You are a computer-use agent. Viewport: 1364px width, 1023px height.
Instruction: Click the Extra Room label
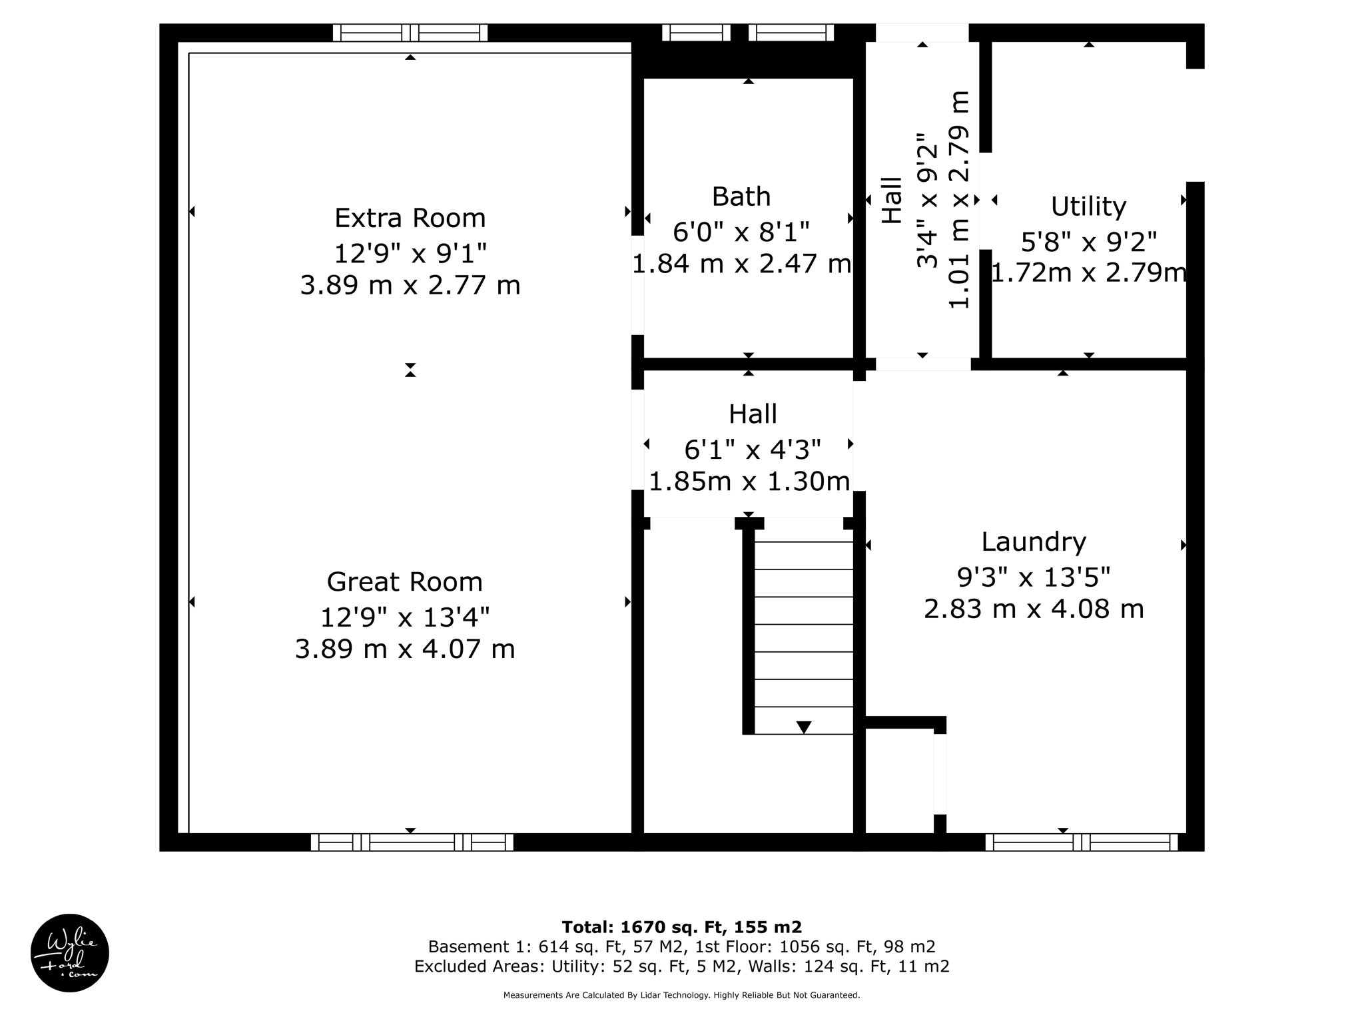tap(410, 218)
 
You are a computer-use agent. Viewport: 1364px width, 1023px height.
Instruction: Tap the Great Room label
tap(404, 582)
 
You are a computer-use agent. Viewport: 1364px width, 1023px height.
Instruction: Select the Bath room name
tap(741, 197)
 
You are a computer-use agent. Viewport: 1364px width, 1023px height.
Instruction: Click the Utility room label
tap(1088, 206)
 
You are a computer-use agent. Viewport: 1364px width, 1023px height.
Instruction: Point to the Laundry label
tap(1034, 542)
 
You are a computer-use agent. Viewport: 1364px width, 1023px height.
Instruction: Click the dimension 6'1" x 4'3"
tap(752, 450)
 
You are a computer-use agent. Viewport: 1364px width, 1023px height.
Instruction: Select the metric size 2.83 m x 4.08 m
tap(1034, 609)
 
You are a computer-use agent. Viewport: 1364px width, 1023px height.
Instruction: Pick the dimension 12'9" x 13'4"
tap(404, 617)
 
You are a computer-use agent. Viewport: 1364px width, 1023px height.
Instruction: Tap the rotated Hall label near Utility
tap(892, 200)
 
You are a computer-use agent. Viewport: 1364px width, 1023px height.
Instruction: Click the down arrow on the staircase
tap(804, 727)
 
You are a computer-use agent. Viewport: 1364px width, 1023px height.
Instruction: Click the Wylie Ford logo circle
tap(70, 953)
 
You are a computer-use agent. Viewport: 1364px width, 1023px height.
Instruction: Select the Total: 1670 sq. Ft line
tap(681, 927)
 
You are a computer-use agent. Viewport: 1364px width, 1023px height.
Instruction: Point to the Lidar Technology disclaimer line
tap(681, 995)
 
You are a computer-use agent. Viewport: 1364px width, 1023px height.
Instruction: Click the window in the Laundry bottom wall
tap(1082, 843)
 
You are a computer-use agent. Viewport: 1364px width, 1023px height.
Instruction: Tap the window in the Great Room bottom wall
tap(412, 843)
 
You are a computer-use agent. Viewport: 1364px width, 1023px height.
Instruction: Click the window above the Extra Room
tap(410, 33)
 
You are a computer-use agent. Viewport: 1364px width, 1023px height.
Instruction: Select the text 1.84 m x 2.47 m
tap(741, 264)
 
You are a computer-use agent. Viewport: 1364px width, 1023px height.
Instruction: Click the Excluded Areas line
tap(681, 966)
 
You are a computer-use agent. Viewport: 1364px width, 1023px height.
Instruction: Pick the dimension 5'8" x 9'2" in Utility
tap(1088, 242)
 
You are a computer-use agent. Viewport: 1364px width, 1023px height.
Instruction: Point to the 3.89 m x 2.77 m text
tap(410, 286)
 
